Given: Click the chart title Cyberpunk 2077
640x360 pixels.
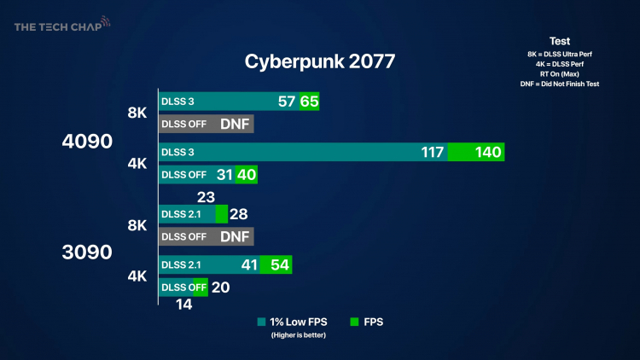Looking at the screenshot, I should tap(319, 62).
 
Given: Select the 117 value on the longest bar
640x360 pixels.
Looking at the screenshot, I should tap(433, 153).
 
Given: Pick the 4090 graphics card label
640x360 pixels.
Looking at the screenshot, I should tap(89, 142).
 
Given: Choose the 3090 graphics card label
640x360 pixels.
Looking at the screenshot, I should tap(89, 252).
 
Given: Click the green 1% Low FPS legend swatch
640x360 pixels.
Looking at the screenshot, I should tap(261, 322).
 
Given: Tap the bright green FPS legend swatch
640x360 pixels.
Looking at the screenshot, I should tap(355, 322).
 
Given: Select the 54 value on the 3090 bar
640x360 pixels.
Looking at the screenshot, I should tap(280, 265).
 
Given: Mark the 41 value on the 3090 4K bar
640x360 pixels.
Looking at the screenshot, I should tap(249, 265).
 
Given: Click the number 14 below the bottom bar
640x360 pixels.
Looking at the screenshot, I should tap(184, 303).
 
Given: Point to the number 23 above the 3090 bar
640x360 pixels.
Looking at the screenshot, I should tap(206, 195).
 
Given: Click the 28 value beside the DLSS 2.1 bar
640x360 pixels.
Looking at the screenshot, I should tap(238, 213).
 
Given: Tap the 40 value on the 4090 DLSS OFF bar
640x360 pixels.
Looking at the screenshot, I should tap(246, 175).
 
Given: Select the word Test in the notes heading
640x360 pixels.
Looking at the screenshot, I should tap(560, 41).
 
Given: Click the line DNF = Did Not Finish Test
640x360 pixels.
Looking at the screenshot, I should tap(560, 84).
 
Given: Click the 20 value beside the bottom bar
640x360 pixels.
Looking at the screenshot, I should tap(220, 287).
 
